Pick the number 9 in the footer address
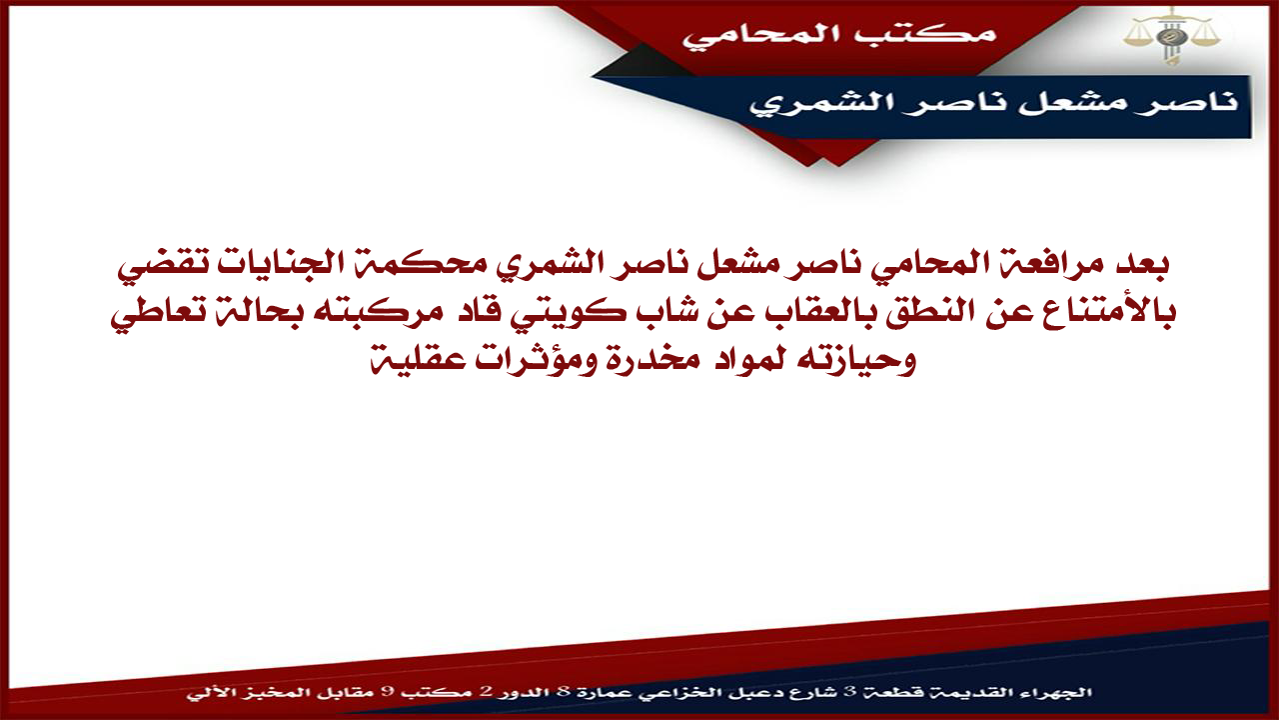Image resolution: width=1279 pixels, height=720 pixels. (x=386, y=693)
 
